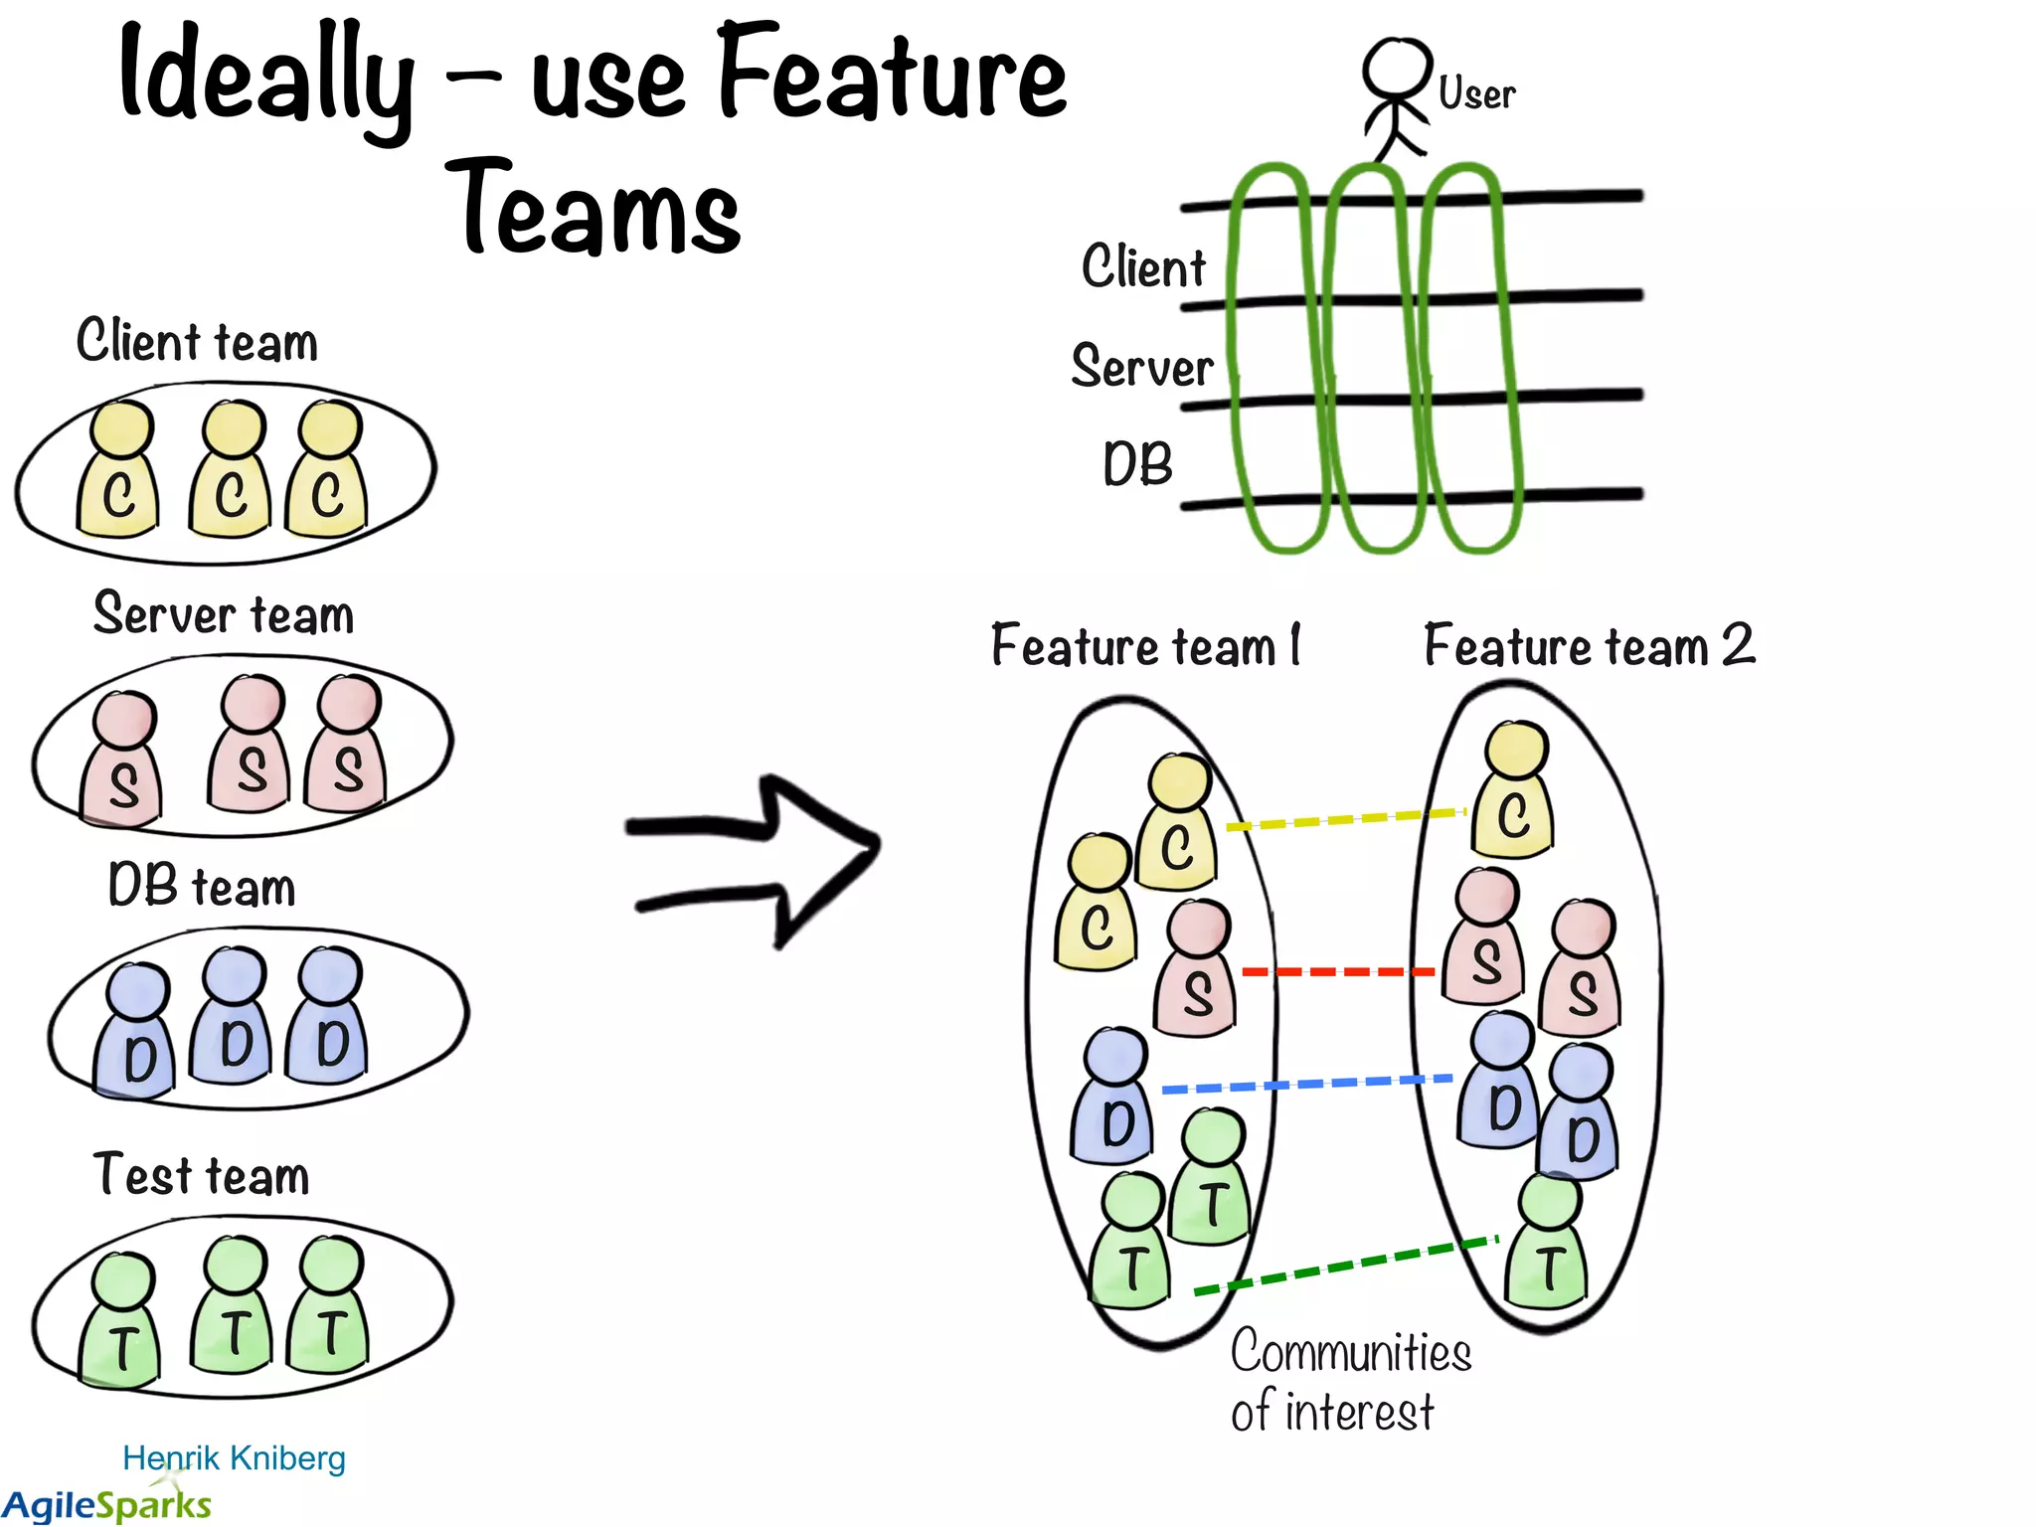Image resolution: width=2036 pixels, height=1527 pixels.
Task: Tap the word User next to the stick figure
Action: tap(1476, 94)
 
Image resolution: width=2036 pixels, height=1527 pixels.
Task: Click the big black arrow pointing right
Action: tap(756, 859)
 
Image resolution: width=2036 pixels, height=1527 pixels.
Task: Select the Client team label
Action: tap(197, 341)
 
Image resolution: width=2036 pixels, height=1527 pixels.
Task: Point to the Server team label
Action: tap(224, 613)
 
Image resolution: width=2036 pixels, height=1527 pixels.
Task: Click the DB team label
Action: tap(202, 886)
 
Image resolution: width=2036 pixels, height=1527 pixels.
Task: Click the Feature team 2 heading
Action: tap(1589, 646)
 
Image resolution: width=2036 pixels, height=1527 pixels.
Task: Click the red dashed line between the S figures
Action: tap(1337, 971)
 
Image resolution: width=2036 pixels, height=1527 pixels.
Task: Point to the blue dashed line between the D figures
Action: tap(1306, 1084)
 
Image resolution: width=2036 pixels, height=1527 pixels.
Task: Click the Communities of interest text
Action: tap(1349, 1382)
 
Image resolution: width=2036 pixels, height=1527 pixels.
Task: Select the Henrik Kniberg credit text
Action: tap(234, 1457)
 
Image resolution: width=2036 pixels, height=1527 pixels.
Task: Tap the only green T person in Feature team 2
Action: tap(1547, 1243)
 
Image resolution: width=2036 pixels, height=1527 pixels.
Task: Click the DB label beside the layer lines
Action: tap(1137, 464)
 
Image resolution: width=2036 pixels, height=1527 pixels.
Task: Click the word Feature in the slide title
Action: tap(891, 75)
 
